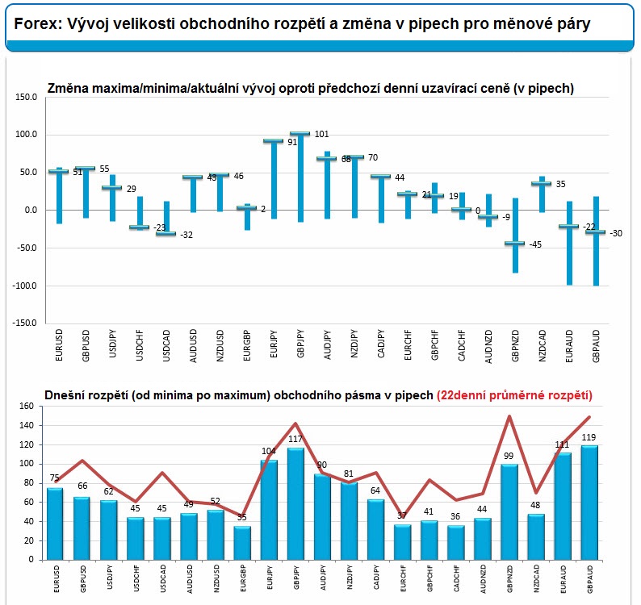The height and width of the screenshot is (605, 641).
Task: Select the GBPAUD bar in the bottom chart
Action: coord(589,503)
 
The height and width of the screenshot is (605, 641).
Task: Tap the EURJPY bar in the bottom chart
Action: coord(269,510)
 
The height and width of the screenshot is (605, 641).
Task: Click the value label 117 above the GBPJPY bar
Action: coord(295,439)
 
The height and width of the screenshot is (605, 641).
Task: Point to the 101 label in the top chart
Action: coord(322,134)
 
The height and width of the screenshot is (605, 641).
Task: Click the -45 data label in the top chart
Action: coord(535,244)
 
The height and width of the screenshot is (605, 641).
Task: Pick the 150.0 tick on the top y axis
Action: coord(26,98)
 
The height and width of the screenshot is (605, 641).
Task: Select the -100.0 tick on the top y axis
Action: coord(24,286)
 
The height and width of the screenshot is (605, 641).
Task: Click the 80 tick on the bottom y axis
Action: coord(28,483)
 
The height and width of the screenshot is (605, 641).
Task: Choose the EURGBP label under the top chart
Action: coord(246,345)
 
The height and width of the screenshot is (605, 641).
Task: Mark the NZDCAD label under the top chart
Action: coord(542,345)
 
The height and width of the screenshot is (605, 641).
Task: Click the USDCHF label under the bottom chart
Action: coord(136,578)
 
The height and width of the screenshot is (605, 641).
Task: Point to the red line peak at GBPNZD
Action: coord(509,416)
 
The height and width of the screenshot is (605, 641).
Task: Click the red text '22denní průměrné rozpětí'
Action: coord(515,395)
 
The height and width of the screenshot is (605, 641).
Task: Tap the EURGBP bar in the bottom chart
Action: coord(242,543)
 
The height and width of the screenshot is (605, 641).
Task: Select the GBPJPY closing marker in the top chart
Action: coord(300,134)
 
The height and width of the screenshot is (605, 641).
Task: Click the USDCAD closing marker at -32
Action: coord(166,234)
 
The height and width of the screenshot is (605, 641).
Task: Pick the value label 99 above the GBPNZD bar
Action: coord(509,456)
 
